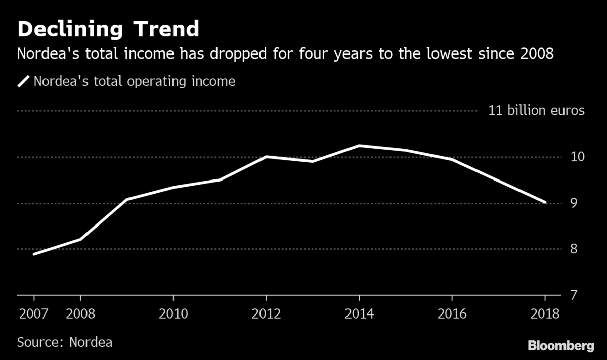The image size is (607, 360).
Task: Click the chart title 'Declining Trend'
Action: pos(108,29)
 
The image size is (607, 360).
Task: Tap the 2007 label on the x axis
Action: pos(34,313)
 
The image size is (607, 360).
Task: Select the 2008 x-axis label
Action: pos(80,313)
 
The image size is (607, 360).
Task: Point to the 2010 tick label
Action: pos(174,313)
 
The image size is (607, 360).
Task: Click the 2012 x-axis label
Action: pos(267,313)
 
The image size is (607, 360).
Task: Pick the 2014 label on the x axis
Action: pos(359,313)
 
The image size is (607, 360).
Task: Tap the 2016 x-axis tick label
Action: pos(452,313)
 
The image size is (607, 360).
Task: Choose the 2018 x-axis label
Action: pos(545,313)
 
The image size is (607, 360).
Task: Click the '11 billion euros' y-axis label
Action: pos(536,111)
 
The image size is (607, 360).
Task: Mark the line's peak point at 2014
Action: pos(359,146)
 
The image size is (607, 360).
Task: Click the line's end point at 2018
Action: pos(545,202)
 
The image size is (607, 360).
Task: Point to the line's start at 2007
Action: pos(34,254)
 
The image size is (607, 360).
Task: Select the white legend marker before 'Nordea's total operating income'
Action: pos(24,81)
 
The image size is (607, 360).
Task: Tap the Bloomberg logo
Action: pos(561,346)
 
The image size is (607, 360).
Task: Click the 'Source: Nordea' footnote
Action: pos(65,342)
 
